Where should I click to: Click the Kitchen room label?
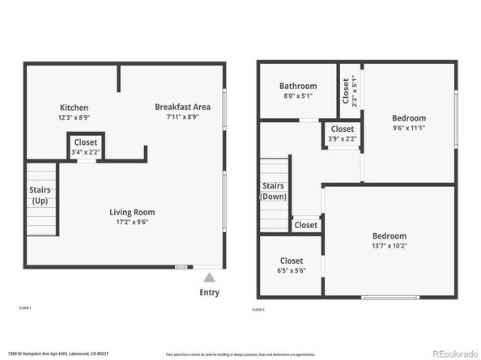click(74, 108)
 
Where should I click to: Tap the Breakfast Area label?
click(183, 107)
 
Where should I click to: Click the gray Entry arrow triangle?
click(209, 277)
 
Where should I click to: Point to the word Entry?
click(209, 292)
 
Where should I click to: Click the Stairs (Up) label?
click(40, 195)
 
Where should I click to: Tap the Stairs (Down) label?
click(273, 191)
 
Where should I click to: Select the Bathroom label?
click(297, 86)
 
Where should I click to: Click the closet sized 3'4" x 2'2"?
click(86, 147)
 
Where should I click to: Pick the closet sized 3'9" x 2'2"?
click(342, 133)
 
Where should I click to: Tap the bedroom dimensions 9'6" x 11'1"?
click(409, 128)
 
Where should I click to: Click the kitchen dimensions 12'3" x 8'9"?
click(74, 117)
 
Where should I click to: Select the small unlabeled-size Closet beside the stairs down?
click(306, 225)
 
